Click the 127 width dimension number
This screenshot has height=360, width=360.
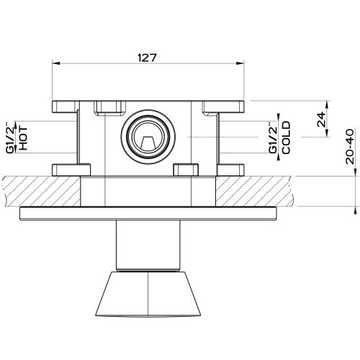click(x=147, y=58)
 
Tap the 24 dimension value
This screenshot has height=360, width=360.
click(x=322, y=120)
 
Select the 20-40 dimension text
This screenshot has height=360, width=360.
click(x=350, y=146)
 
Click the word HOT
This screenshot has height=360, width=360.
click(x=23, y=139)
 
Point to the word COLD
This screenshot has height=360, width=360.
click(x=286, y=138)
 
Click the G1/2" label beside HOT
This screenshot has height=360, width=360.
click(x=10, y=138)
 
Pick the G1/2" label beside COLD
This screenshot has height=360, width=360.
click(x=273, y=138)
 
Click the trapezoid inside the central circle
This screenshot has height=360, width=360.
click(x=148, y=143)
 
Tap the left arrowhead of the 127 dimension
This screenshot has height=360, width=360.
click(x=56, y=63)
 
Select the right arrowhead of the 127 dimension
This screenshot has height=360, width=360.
click(x=240, y=63)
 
